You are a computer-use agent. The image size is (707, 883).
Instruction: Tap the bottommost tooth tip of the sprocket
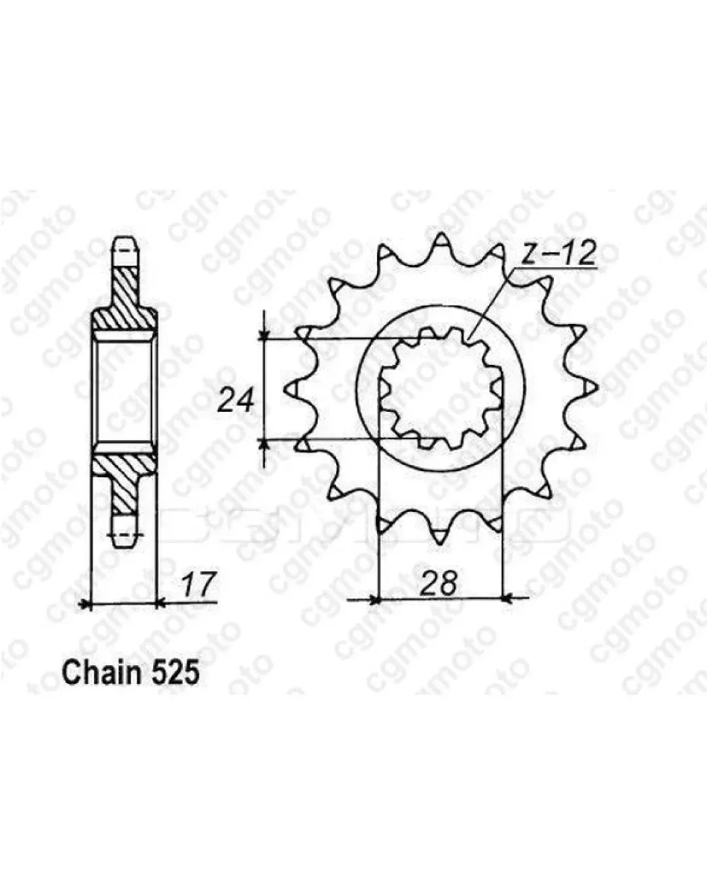440,544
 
